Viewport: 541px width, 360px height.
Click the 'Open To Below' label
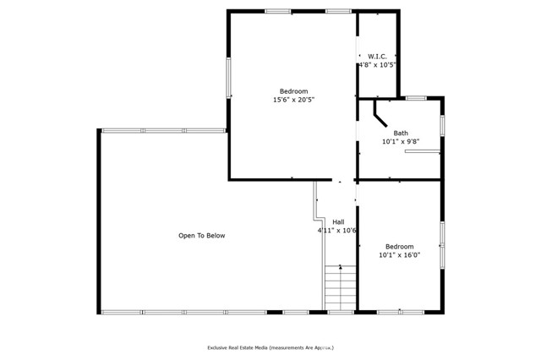click(x=201, y=236)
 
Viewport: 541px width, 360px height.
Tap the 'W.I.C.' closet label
click(x=377, y=56)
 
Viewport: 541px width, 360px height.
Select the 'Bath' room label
click(x=400, y=133)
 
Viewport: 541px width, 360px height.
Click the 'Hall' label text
click(x=338, y=221)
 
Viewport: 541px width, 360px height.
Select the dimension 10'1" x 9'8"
click(x=400, y=142)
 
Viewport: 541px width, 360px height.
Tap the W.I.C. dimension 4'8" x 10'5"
click(x=377, y=64)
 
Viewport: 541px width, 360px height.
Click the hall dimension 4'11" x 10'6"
click(x=337, y=230)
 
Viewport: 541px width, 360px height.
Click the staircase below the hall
click(x=340, y=287)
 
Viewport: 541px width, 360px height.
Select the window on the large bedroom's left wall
click(x=228, y=77)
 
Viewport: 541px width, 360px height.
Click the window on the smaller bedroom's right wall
click(x=442, y=244)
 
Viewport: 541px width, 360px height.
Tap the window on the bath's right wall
click(x=442, y=125)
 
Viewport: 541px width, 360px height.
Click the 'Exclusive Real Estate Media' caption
click(x=270, y=347)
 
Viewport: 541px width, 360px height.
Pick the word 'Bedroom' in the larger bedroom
click(x=293, y=90)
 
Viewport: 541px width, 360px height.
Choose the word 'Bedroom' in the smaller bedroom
click(x=399, y=246)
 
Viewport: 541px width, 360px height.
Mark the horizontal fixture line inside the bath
click(x=422, y=152)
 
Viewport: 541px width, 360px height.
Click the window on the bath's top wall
click(x=415, y=98)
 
